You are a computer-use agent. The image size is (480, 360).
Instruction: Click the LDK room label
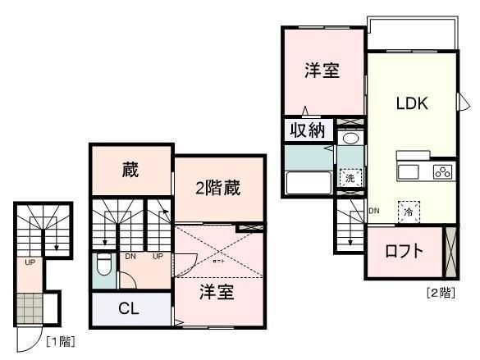coord(412,105)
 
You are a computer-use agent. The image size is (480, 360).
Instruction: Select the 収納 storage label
coord(305,130)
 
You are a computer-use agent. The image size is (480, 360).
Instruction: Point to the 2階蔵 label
coord(217,188)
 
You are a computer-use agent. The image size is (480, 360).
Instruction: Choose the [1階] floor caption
coord(59,339)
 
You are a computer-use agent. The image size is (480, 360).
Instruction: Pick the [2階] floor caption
coord(440,291)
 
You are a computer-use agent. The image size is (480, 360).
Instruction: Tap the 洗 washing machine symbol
coord(349,178)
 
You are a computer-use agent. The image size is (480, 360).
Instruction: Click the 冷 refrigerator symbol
coord(408,212)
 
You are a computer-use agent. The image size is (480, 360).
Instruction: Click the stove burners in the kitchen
coord(442,172)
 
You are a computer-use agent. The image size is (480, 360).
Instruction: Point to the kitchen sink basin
coord(408,171)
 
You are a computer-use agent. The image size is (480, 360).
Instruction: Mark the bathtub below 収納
coord(307,183)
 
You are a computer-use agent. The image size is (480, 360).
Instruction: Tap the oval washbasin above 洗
coord(350,139)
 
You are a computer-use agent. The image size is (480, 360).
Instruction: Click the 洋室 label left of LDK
coord(322,71)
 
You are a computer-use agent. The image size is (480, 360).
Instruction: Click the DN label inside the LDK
coord(374,211)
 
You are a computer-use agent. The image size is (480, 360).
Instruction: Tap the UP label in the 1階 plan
coord(29,263)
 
